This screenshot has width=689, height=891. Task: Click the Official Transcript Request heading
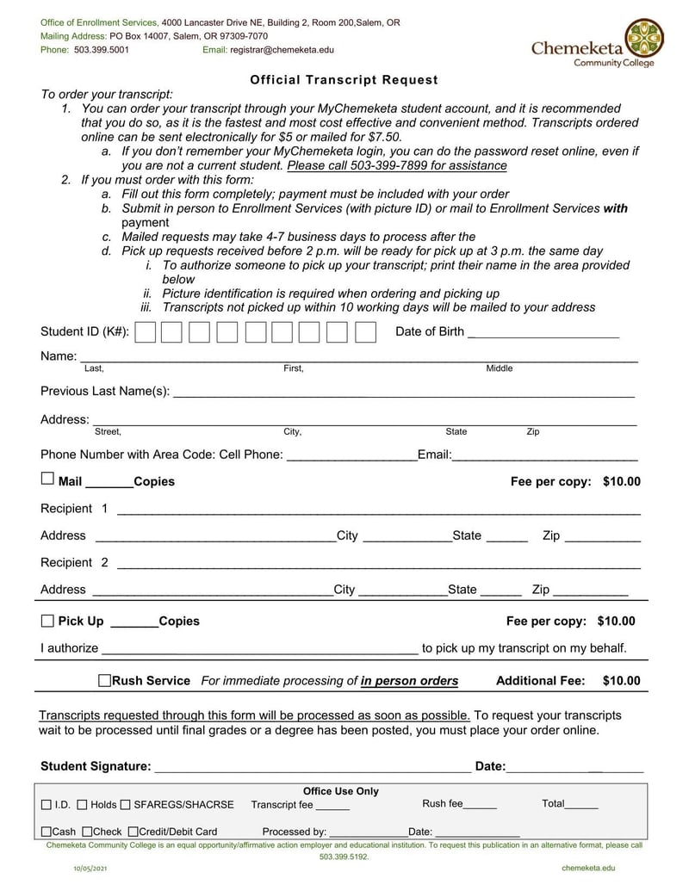coord(344,80)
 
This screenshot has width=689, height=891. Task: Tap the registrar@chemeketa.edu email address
coord(282,50)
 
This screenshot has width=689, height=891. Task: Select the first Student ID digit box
coord(146,332)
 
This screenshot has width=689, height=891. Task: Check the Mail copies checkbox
coord(47,479)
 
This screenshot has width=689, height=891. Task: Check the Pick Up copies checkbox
coord(47,621)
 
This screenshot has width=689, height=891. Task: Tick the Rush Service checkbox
coord(104,681)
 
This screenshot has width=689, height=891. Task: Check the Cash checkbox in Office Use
coord(47,832)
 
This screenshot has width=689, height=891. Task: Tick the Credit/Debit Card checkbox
coord(133,832)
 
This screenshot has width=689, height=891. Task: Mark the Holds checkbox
coord(82,805)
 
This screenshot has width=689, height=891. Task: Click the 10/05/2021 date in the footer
coord(90,869)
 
